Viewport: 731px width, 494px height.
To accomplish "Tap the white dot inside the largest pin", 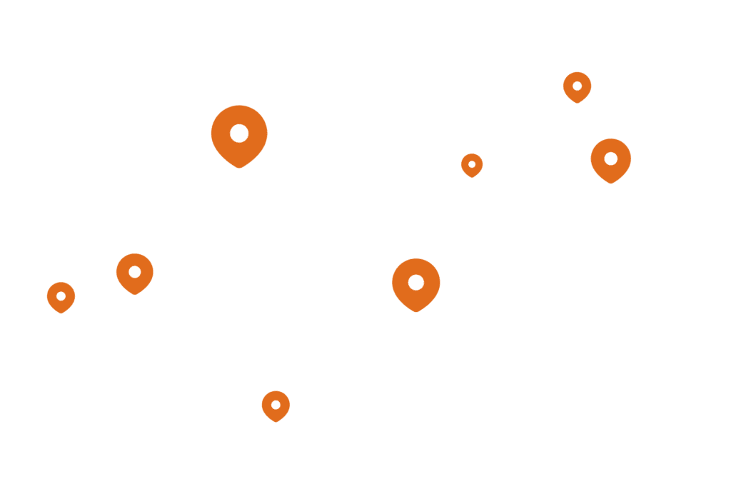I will pos(239,133).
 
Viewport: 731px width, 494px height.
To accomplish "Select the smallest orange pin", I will pos(472,165).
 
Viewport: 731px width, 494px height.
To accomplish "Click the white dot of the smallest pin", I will pos(472,164).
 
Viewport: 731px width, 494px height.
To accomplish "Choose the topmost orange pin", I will pos(577,86).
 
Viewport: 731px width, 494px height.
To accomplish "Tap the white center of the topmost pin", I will pos(577,86).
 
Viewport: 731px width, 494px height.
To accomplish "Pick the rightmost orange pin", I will pos(611,159).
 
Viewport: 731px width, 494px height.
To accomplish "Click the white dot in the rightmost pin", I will pos(611,158).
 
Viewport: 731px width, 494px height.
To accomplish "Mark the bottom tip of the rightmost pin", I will pos(611,183).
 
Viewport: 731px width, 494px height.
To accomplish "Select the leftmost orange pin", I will pos(61,297).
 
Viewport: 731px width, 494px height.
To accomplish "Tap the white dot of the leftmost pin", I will pos(61,296).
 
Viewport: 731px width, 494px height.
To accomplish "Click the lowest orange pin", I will pos(276,405).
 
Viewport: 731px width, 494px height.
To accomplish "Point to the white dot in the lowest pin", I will pos(276,405).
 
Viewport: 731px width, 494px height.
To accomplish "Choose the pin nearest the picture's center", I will pos(416,283).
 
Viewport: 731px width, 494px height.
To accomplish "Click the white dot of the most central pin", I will pos(416,282).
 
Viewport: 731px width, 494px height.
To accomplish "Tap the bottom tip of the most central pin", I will pos(416,312).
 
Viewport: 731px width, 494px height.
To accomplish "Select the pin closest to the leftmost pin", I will pos(135,273).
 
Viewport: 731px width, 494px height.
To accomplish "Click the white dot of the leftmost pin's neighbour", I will pos(135,271).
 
